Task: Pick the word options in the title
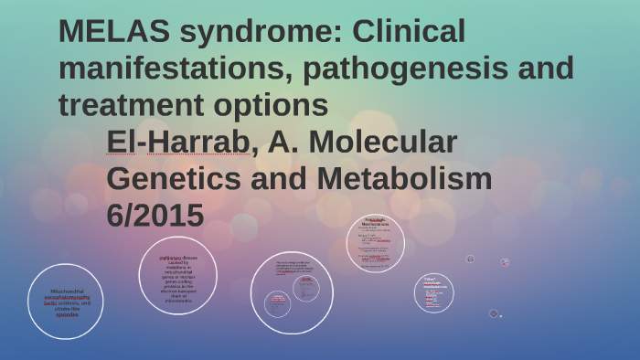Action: (x=278, y=105)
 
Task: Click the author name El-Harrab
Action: (x=177, y=143)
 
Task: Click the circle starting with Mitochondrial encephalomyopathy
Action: (x=65, y=302)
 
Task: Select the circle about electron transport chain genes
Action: (x=177, y=275)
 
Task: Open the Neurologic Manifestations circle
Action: (x=376, y=244)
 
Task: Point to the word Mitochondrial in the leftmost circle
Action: (x=65, y=291)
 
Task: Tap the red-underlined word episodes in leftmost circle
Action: (x=65, y=314)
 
